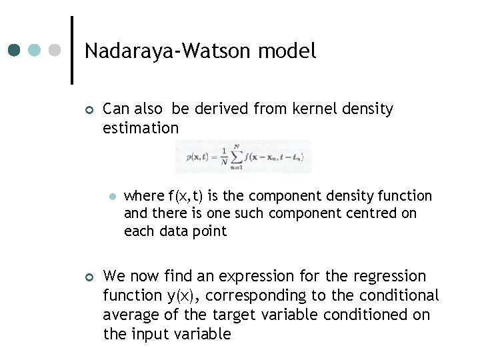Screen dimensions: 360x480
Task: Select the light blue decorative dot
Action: click(x=35, y=51)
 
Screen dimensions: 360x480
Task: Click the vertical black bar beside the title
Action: click(x=72, y=50)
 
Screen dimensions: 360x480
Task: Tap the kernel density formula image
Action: click(x=243, y=157)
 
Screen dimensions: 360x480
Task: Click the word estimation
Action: click(x=141, y=127)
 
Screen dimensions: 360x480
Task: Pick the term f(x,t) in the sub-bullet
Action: click(x=188, y=195)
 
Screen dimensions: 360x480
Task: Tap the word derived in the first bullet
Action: click(x=221, y=109)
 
